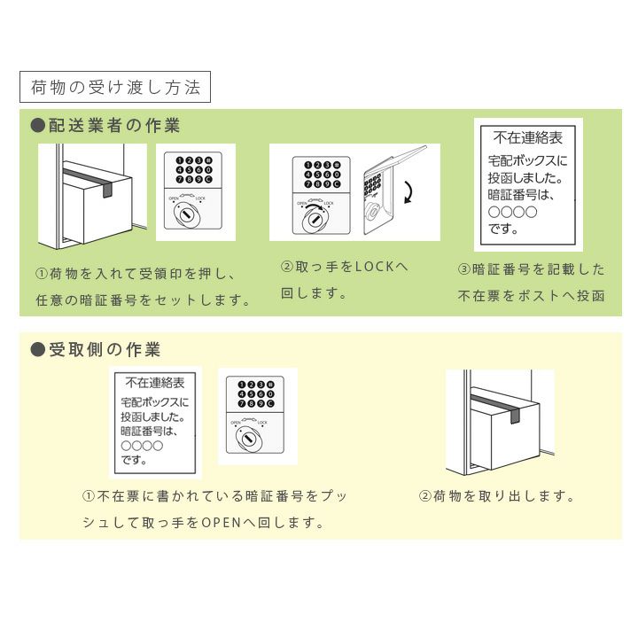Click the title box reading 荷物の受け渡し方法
(115, 87)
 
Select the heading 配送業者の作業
(114, 126)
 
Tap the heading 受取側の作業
(105, 349)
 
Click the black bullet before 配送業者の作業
(38, 126)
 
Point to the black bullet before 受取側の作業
(38, 349)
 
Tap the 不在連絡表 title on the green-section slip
(528, 138)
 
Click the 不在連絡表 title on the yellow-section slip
(155, 383)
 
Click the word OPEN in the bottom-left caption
(222, 522)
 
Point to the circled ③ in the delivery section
(464, 269)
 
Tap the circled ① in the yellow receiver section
(89, 496)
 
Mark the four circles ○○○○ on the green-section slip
(513, 212)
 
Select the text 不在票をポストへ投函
(531, 296)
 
